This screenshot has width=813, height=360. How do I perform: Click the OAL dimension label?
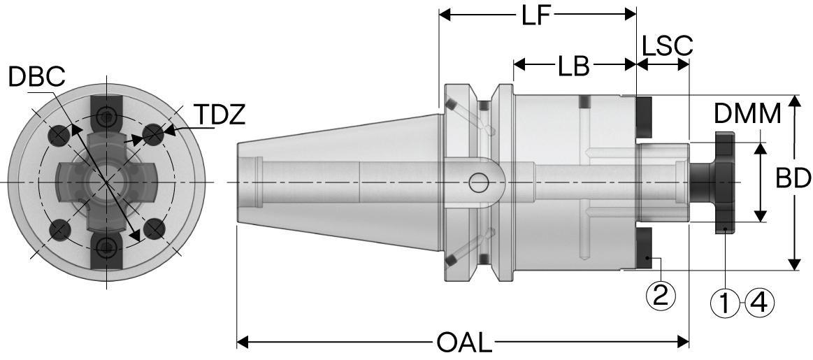tap(464, 343)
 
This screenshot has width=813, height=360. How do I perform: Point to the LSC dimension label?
tap(667, 45)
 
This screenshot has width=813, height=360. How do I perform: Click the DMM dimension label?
tap(747, 114)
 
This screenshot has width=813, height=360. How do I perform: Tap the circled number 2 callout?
tap(661, 296)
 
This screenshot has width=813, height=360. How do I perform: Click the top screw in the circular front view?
tap(106, 116)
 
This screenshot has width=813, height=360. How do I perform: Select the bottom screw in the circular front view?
tap(106, 245)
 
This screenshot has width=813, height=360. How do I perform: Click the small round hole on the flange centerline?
tap(479, 182)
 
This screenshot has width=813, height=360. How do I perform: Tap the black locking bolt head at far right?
tap(724, 182)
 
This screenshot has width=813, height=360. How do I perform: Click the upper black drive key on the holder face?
tap(644, 117)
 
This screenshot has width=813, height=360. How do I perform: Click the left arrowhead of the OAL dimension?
tap(242, 343)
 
